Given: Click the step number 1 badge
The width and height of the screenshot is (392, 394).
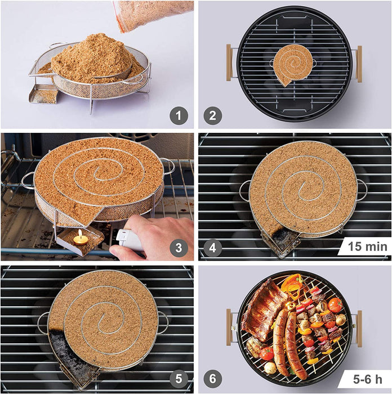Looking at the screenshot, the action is (x=179, y=116).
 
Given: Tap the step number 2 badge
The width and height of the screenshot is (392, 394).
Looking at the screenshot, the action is (x=213, y=116).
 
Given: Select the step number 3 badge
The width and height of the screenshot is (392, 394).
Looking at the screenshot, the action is (x=179, y=248).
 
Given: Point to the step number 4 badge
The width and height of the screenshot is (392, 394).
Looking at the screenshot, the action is (x=213, y=248).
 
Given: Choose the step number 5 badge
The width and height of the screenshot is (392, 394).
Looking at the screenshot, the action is (x=179, y=379).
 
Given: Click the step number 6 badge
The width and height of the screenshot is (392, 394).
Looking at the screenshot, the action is (x=213, y=379).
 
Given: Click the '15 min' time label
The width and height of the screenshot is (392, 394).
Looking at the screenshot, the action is (x=367, y=247).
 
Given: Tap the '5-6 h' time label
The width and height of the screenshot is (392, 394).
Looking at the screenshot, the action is (x=368, y=379).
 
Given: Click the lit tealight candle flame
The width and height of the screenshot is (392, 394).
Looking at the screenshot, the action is (x=81, y=234).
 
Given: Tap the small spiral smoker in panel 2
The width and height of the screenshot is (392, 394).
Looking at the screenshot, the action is (x=293, y=65).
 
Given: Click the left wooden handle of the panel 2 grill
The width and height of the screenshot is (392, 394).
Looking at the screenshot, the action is (x=229, y=62).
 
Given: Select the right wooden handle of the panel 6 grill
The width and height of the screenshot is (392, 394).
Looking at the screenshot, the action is (x=359, y=329).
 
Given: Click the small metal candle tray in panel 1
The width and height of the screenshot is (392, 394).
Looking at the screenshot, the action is (x=43, y=93).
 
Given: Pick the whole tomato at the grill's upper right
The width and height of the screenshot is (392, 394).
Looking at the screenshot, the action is (x=336, y=305).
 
